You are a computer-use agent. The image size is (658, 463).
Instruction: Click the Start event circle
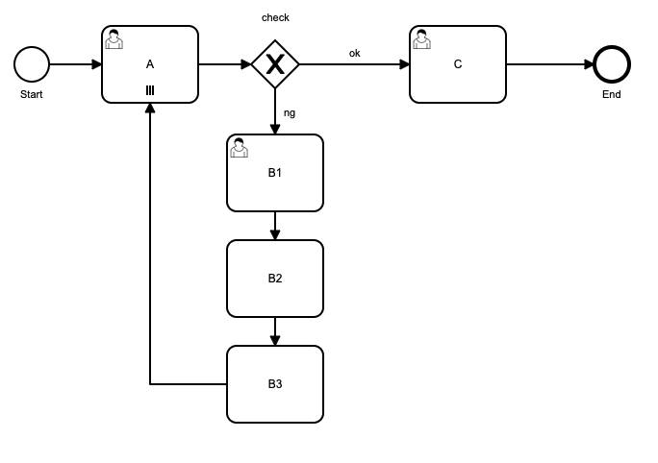[x=32, y=64]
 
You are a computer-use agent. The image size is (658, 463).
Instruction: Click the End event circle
[x=612, y=64]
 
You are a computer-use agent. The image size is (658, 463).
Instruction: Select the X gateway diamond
[x=275, y=64]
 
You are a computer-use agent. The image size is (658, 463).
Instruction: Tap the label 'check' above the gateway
[x=275, y=18]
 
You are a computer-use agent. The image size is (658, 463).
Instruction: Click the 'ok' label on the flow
[x=354, y=54]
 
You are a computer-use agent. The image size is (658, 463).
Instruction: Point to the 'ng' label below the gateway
[x=290, y=112]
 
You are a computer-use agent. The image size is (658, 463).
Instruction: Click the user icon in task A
[x=114, y=39]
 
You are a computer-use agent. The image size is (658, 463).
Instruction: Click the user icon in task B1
[x=240, y=148]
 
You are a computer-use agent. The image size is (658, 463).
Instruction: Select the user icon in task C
[x=422, y=39]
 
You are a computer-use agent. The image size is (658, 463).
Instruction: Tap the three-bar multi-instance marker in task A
[x=150, y=90]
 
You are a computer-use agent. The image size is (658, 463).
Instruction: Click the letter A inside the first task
[x=150, y=64]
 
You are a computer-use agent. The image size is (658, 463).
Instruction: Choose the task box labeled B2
[x=275, y=279]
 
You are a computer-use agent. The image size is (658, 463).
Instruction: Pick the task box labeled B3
[x=275, y=384]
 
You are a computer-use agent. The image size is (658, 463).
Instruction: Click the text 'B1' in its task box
[x=275, y=173]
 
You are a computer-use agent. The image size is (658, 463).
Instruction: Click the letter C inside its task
[x=458, y=64]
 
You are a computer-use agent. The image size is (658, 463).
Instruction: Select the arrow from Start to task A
[x=75, y=64]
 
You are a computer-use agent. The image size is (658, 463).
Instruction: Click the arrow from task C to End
[x=549, y=64]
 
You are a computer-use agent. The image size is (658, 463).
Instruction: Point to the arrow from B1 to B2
[x=275, y=226]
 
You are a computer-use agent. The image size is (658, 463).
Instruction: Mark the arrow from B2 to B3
[x=275, y=331]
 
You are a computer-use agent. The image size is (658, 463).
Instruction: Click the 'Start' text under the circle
[x=32, y=94]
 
